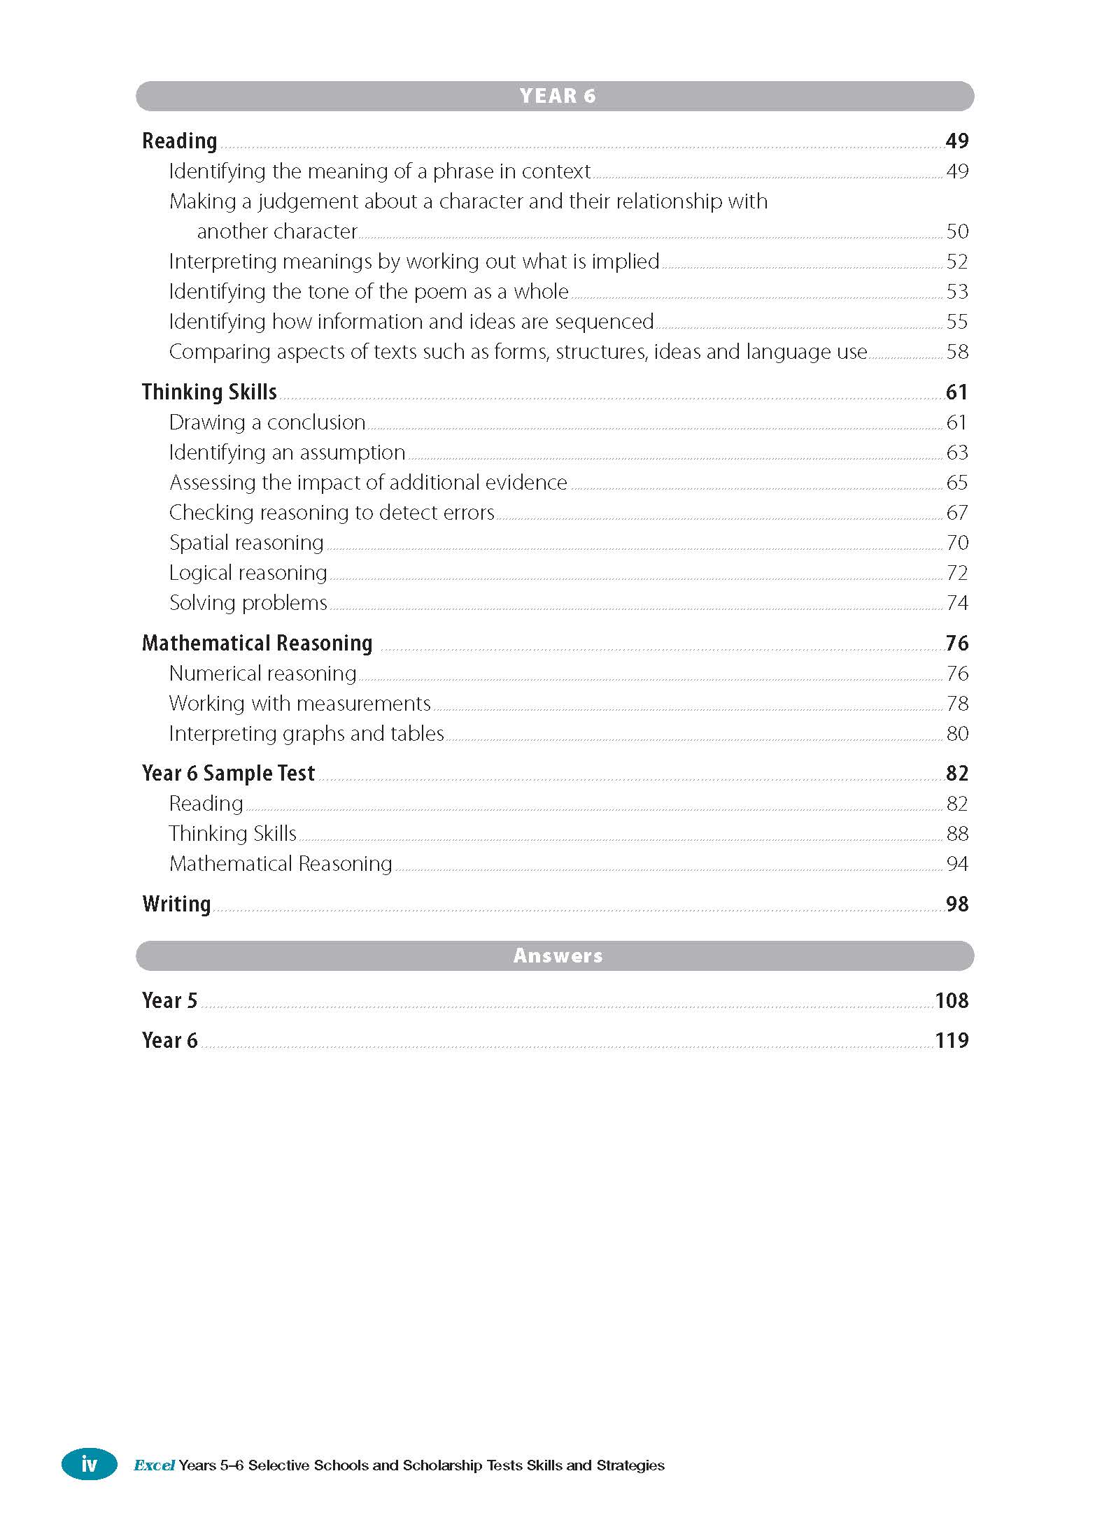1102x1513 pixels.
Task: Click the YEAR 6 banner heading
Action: click(557, 96)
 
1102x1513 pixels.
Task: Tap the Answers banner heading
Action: click(557, 956)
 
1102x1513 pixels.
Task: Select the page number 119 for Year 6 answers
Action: click(952, 1040)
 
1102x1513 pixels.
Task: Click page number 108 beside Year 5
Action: click(952, 1000)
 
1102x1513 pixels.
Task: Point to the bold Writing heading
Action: click(176, 904)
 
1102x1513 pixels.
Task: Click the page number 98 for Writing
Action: click(956, 904)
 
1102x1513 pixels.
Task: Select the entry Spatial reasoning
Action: click(246, 543)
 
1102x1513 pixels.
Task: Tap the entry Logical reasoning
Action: click(248, 573)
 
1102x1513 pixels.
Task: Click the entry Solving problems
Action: click(248, 603)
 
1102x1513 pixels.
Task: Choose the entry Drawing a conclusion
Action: click(267, 422)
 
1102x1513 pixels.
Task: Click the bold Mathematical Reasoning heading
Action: click(257, 643)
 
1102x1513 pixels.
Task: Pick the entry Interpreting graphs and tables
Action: click(306, 734)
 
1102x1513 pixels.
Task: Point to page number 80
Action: click(957, 734)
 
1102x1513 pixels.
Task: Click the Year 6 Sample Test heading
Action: click(228, 773)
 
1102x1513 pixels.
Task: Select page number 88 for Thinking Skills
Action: click(957, 834)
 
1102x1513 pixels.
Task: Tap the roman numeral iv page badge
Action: click(89, 1463)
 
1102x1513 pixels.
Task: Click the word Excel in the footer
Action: click(154, 1465)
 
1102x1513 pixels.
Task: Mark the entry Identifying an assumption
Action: click(287, 453)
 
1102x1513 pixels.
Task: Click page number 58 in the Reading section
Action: click(957, 352)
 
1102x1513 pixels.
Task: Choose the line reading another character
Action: click(277, 232)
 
